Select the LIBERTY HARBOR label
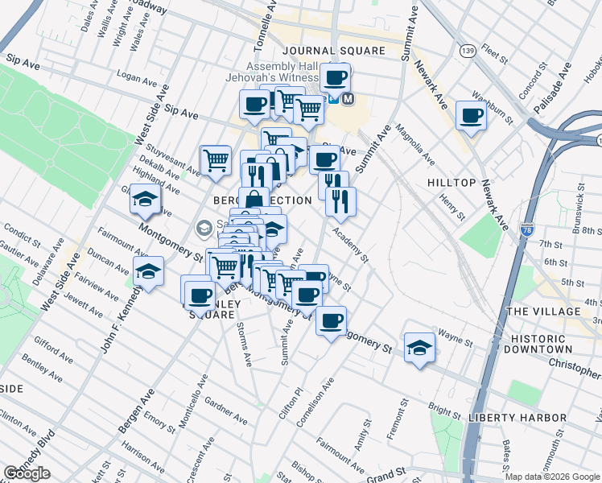(517, 418)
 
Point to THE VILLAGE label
(543, 312)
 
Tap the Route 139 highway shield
(468, 51)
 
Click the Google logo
(27, 473)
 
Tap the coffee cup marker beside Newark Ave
(471, 114)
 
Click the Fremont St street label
(394, 423)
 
